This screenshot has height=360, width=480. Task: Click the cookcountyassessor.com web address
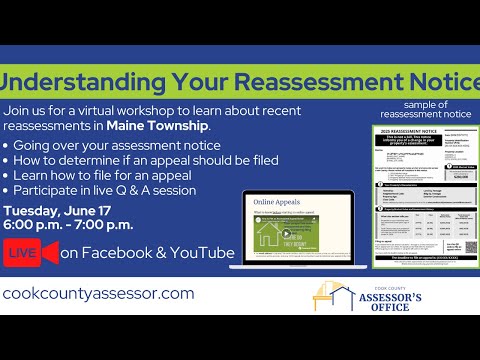[99, 293]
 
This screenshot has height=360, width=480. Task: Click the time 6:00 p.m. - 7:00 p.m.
[69, 227]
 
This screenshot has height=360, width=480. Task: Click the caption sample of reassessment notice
[425, 110]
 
